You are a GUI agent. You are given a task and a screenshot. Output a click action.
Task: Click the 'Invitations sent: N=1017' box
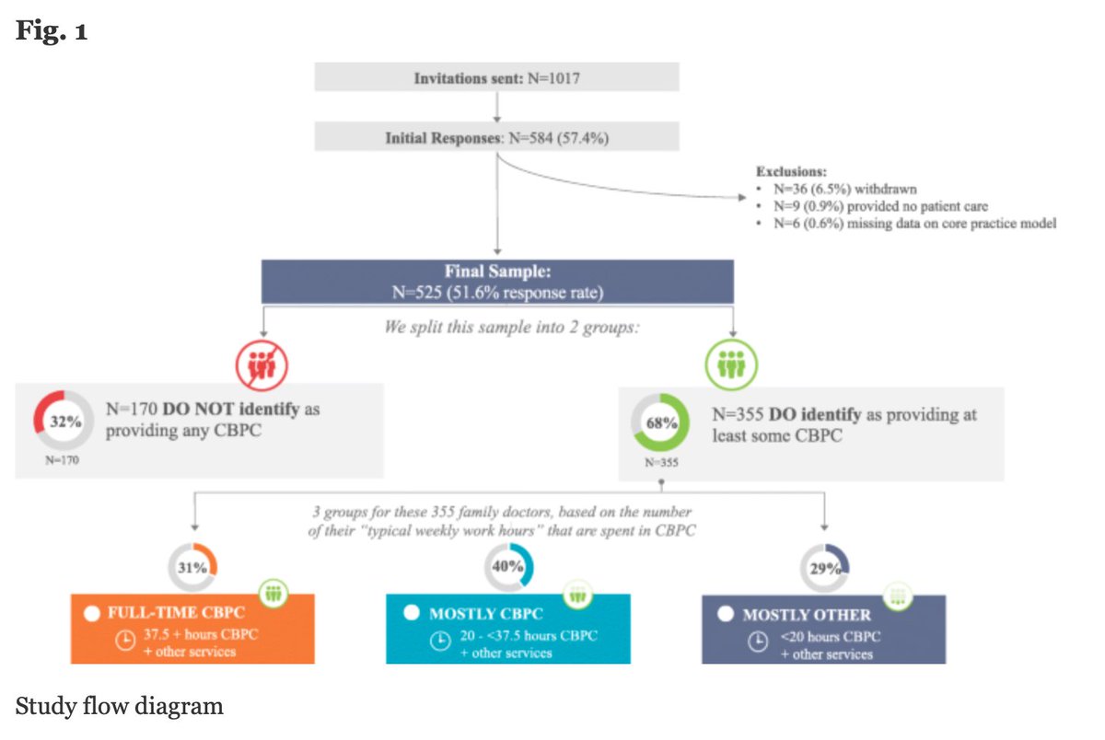(496, 78)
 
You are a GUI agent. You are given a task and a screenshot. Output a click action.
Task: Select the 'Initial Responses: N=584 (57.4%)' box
(496, 138)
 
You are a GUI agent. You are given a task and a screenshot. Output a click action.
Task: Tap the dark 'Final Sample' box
(496, 281)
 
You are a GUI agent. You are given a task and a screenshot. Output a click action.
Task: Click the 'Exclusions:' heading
(792, 172)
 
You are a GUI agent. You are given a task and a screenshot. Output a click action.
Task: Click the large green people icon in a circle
(731, 365)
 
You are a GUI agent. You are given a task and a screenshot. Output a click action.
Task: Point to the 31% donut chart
(192, 568)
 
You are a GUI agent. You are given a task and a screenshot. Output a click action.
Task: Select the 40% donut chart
(507, 567)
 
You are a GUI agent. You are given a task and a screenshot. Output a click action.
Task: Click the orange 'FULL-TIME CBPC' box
(192, 629)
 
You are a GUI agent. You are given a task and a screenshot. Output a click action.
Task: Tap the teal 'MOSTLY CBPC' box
(507, 629)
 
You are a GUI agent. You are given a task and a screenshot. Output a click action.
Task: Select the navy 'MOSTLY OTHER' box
(823, 629)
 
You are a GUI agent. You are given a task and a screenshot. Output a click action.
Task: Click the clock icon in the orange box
(123, 642)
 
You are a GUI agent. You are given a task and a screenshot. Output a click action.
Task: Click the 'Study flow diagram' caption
(119, 706)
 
